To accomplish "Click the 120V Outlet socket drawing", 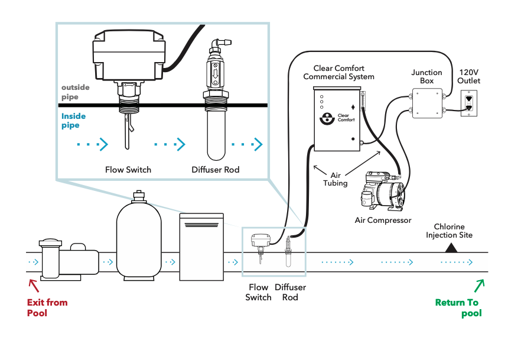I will tap(468, 103).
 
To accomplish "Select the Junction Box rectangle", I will tap(426, 103).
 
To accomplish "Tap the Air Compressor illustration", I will tap(384, 190).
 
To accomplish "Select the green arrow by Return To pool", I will tap(478, 287).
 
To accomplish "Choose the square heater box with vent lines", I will tap(201, 247).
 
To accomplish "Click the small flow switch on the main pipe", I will tap(260, 244).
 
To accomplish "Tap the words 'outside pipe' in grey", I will tap(76, 92).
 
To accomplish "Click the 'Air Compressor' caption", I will tap(383, 220).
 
